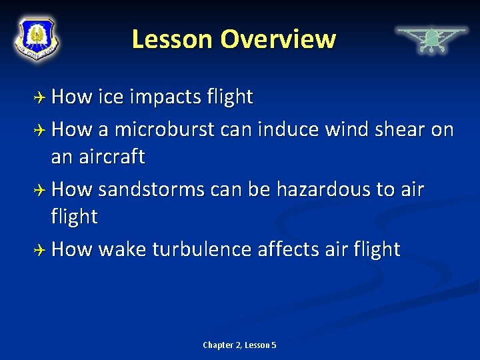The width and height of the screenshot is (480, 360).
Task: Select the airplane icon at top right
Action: pyautogui.click(x=431, y=39)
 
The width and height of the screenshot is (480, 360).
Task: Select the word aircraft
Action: pyautogui.click(x=110, y=157)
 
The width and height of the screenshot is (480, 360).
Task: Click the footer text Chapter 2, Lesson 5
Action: pyautogui.click(x=239, y=345)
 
